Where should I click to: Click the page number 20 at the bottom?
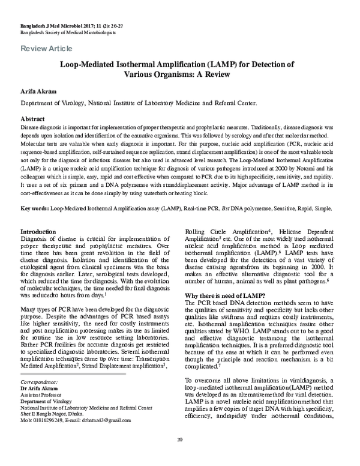[x=179, y=456]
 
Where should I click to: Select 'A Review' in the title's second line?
[x=211, y=75]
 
